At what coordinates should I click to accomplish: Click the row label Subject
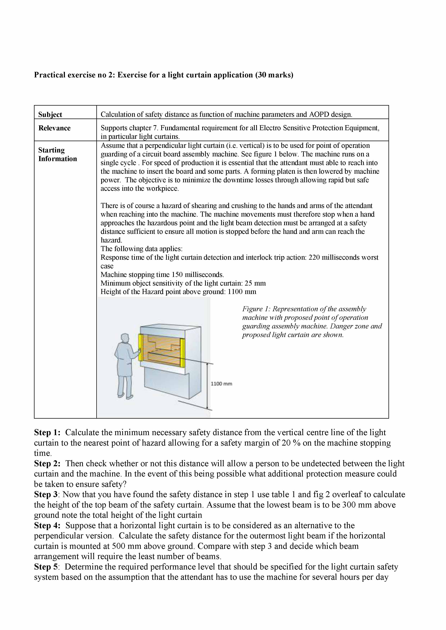pyautogui.click(x=50, y=114)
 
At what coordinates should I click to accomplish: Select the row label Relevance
pyautogui.click(x=54, y=128)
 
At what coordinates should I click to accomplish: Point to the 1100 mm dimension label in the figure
pyautogui.click(x=221, y=384)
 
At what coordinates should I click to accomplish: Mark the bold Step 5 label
pyautogui.click(x=46, y=567)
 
